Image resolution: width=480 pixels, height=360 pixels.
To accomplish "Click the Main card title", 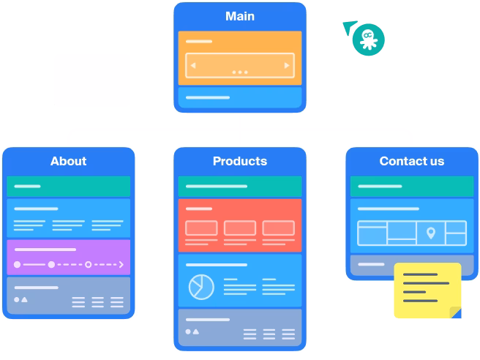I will (240, 16).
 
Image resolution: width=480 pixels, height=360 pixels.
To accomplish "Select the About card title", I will (68, 161).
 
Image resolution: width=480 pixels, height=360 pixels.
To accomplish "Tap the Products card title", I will (240, 161).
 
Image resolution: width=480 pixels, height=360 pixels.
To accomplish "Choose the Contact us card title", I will (411, 161).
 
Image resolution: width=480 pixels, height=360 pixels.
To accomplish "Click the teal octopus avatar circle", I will (368, 40).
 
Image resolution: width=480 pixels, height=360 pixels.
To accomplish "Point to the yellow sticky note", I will (427, 289).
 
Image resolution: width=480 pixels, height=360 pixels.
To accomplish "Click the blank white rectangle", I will (92, 80).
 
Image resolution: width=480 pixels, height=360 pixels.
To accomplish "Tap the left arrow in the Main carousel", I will (193, 66).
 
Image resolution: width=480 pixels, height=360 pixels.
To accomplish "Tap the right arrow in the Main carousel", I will (287, 66).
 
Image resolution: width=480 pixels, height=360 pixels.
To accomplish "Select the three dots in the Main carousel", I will (240, 72).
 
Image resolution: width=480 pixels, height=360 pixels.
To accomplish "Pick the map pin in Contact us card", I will (431, 233).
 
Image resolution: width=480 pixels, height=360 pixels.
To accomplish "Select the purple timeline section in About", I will (68, 257).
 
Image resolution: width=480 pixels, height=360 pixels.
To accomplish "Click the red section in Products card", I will (240, 225).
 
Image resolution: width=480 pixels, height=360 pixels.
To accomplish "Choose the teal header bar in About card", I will (68, 187).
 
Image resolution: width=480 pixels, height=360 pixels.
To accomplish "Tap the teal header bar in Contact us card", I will (411, 187).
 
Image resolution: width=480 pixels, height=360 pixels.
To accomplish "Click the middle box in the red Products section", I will (240, 228).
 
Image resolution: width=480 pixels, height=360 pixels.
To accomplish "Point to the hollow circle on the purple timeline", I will (88, 264).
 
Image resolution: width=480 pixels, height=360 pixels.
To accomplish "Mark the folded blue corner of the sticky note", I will (456, 312).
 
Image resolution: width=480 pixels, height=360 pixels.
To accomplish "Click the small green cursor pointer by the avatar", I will (348, 26).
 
